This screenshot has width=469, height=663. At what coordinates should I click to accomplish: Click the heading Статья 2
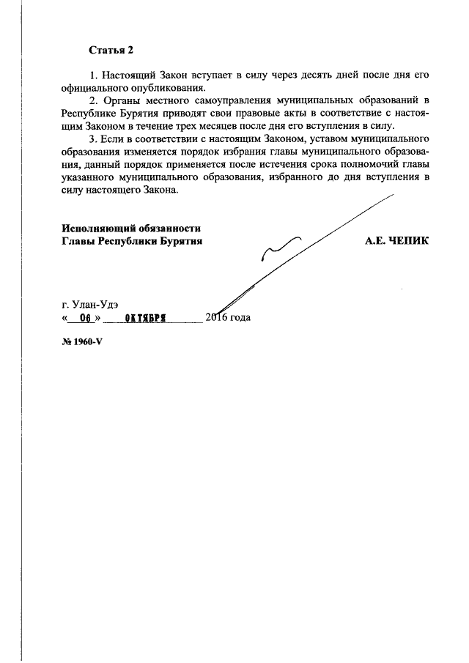point(111,50)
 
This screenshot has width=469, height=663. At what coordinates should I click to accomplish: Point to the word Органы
point(117,101)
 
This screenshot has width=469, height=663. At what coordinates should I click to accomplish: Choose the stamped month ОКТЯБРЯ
point(146,318)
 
